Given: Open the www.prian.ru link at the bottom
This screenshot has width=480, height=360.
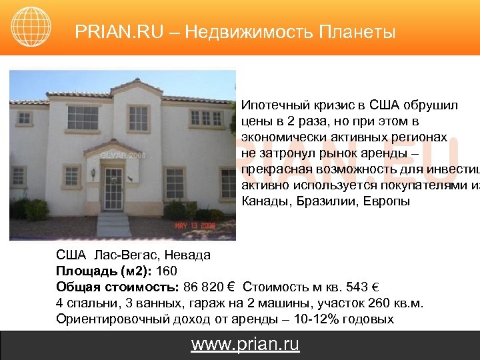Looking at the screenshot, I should coord(245,344).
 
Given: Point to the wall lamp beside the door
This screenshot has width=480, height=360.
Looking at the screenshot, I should coord(93,173).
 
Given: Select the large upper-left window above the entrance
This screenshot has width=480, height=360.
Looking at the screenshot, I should coord(83,119).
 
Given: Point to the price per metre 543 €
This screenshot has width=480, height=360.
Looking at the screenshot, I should coord(365,287).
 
